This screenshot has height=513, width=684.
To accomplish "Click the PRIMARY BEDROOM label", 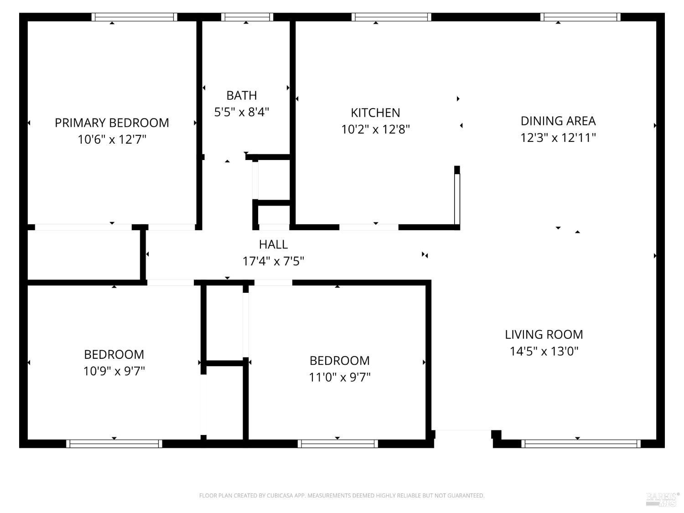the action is (112, 123).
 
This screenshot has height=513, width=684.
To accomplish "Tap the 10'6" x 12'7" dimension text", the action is (112, 139).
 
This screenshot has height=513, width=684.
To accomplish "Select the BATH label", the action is (242, 95).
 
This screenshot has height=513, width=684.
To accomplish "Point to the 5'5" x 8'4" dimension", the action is (242, 112).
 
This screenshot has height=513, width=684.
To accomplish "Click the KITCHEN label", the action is (375, 113).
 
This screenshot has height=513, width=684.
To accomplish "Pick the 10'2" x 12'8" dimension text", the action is (375, 129).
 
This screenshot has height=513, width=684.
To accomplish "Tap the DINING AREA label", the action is (558, 121).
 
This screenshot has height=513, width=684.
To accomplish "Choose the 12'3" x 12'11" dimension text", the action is (558, 137).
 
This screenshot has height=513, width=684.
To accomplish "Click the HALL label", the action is (273, 244).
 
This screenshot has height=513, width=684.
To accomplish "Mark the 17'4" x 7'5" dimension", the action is (273, 261).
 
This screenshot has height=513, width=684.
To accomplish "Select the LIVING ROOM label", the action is (544, 335).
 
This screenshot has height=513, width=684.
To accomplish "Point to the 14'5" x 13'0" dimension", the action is (544, 351).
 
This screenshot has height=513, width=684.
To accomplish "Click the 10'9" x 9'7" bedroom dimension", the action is (114, 371).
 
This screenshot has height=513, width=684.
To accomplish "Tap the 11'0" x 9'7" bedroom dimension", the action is (339, 377).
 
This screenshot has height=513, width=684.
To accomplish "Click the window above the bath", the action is (247, 17).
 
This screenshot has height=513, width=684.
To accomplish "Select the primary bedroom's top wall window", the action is (135, 17).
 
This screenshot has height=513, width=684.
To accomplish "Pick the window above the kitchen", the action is (391, 17).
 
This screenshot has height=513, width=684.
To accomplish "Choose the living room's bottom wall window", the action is (580, 444).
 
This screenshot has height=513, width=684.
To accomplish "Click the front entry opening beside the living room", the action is (463, 434).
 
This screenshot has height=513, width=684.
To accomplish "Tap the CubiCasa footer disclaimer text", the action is (342, 495).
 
